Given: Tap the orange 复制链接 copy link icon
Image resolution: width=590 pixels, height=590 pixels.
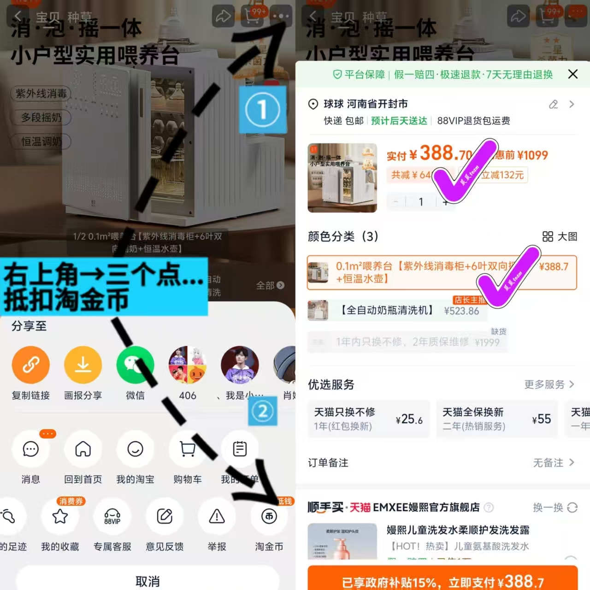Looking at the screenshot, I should pos(30,365).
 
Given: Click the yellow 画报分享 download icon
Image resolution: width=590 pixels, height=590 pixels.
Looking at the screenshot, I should pos(83,365).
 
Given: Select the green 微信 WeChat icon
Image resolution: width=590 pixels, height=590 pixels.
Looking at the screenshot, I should pos(135,365).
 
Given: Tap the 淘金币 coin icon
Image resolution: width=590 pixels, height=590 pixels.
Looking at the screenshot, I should pos(269,517).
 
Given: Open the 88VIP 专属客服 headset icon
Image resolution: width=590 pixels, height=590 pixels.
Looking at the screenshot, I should pos(112,517).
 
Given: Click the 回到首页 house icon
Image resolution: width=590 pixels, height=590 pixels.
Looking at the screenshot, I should pos(83,449).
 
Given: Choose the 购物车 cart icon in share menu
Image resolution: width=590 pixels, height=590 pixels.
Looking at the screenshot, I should pos(188,449).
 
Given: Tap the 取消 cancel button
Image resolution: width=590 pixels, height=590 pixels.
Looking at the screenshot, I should pos(147,581).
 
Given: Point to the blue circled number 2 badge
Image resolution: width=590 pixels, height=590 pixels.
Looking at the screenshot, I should pos(263,411).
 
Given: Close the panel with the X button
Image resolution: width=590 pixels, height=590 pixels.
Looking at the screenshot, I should pos(572,74).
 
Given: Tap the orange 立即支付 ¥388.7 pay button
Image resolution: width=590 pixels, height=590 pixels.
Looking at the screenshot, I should pos(442,581).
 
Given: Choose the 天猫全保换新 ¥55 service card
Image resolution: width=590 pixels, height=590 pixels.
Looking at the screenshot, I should pos(496,419).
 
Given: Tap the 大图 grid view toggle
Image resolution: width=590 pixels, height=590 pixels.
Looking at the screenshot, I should pos(560,236).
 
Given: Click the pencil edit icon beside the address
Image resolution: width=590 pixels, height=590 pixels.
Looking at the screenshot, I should pos(553,105).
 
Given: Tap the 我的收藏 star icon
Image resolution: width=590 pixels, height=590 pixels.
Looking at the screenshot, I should pos(60,517).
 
